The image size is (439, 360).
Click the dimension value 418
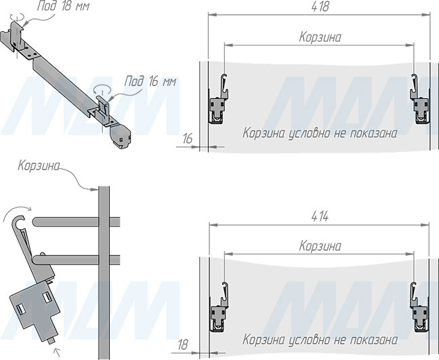[x=320, y=7]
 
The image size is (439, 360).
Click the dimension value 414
[x=320, y=216]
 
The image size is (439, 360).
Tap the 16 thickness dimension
[x=187, y=138]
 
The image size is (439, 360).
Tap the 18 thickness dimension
[x=183, y=345]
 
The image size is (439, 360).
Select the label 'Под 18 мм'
[x=63, y=6]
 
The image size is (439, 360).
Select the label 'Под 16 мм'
[x=150, y=81]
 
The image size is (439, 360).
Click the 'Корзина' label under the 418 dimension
[x=320, y=37]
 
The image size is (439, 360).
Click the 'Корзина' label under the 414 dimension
[x=320, y=246]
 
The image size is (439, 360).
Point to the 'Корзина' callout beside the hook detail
[x=39, y=166]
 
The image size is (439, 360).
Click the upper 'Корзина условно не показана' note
[x=320, y=134]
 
